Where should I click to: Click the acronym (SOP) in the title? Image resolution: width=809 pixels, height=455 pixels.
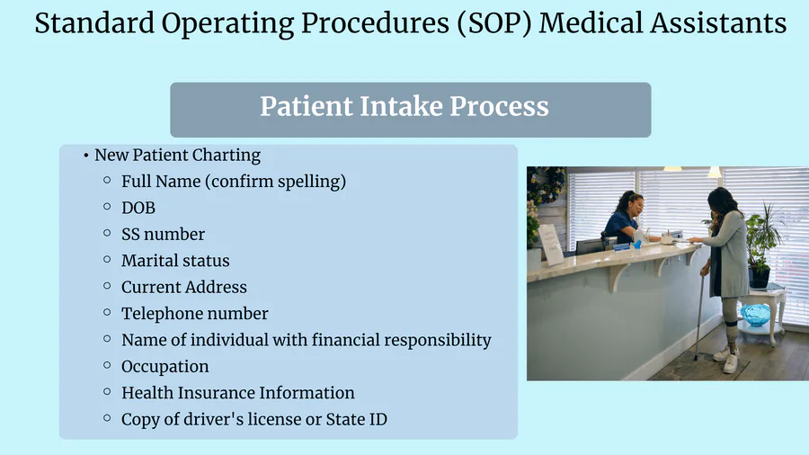[494, 23]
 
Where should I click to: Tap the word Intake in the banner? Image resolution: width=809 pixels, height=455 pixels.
[401, 106]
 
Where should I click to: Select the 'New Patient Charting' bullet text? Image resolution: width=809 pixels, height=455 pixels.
[177, 156]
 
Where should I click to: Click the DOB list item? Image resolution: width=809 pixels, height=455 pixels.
[138, 208]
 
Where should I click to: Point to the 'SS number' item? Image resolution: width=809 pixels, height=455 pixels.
[163, 234]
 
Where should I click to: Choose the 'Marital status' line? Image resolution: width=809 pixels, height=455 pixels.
[175, 261]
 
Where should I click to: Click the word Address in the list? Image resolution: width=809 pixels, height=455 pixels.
[216, 287]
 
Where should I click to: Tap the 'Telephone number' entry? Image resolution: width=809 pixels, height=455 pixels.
[194, 314]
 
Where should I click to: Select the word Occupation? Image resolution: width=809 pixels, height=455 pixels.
[165, 367]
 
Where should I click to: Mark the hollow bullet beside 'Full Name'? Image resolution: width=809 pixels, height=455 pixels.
[107, 180]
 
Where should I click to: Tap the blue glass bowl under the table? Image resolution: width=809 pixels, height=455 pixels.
[755, 314]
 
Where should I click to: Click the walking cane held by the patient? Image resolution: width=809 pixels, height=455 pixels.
[699, 310]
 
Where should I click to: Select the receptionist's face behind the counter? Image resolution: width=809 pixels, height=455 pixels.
[636, 206]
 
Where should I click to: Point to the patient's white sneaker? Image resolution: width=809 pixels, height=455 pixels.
[730, 362]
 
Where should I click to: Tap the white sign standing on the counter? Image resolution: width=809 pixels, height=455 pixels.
[551, 245]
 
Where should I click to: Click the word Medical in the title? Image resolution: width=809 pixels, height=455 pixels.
[591, 23]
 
